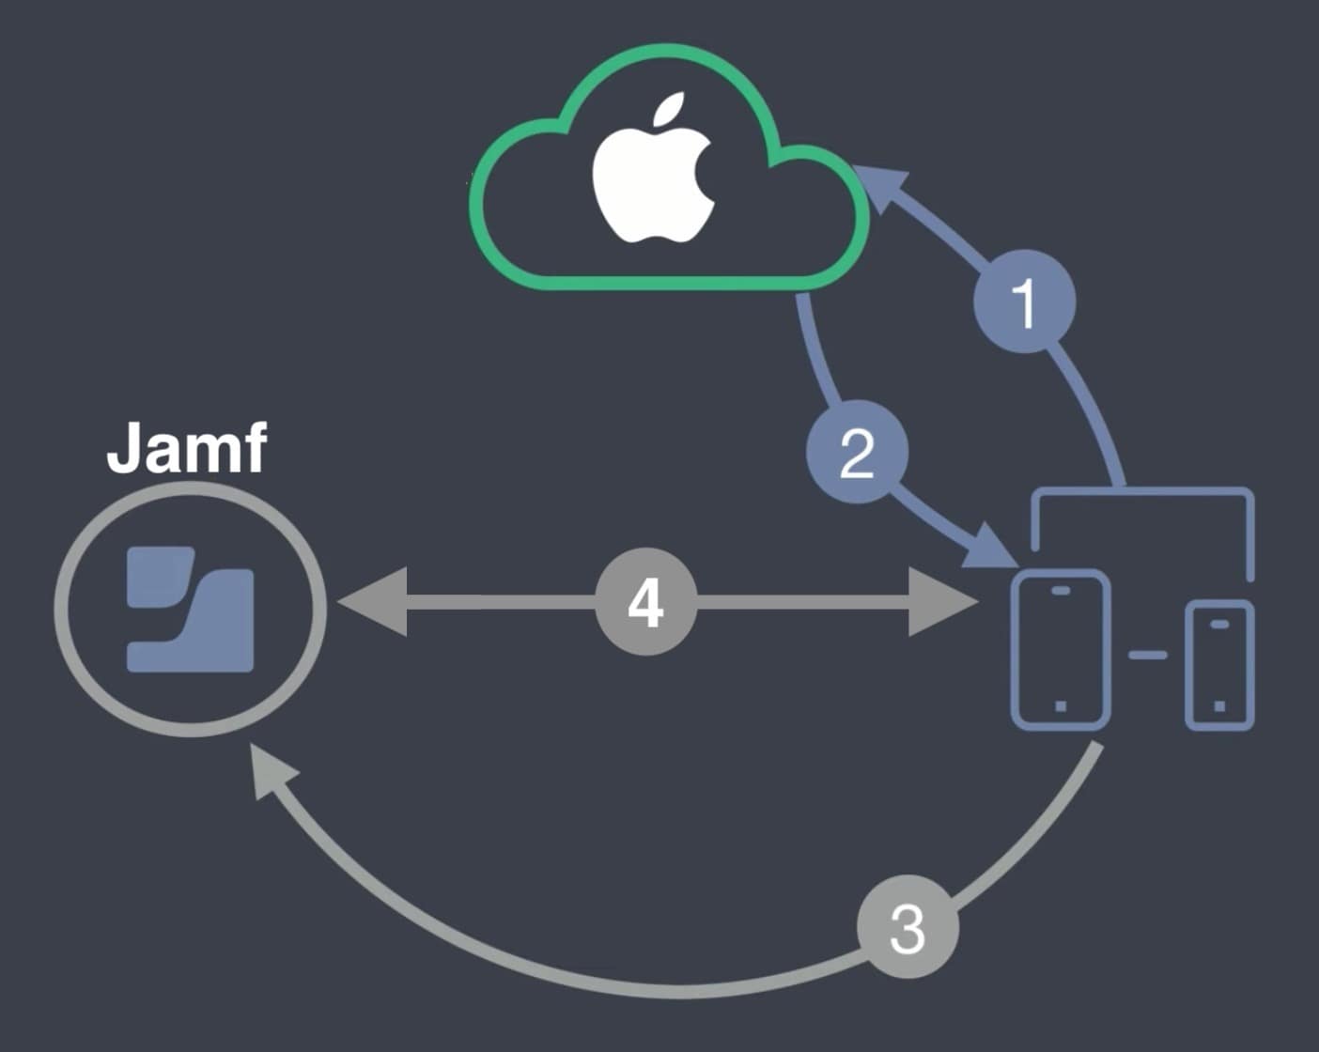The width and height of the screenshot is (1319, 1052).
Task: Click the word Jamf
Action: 186,449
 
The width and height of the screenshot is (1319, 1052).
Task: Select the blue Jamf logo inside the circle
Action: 191,609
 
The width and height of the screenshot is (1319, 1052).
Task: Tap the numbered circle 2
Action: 857,454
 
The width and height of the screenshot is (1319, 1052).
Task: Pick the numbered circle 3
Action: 908,928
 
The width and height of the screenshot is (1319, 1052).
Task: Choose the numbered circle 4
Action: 645,603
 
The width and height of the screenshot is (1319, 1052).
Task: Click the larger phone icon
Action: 1060,648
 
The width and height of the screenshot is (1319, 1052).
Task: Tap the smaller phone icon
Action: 1219,665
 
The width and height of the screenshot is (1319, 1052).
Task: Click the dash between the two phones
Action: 1147,655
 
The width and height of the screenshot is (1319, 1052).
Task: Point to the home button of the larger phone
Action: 1061,705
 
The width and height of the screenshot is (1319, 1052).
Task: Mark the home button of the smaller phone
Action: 1219,705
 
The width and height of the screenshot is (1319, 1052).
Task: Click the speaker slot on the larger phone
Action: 1061,591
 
